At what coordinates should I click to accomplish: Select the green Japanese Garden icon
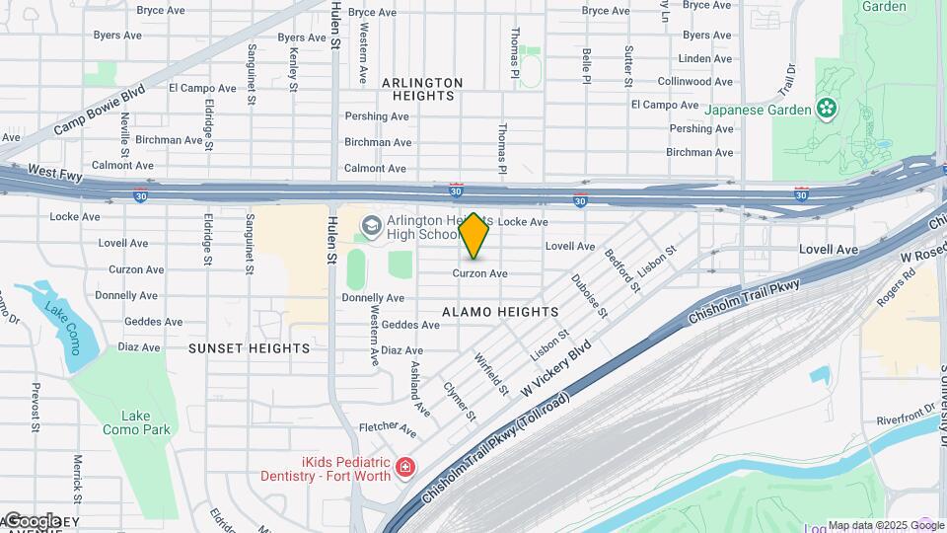click(826, 110)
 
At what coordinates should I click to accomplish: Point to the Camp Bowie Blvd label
click(100, 110)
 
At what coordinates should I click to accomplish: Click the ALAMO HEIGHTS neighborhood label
click(500, 312)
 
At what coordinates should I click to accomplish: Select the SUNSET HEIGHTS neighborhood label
click(249, 348)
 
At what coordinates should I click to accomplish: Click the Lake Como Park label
click(136, 422)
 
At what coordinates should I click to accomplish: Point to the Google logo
click(32, 520)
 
